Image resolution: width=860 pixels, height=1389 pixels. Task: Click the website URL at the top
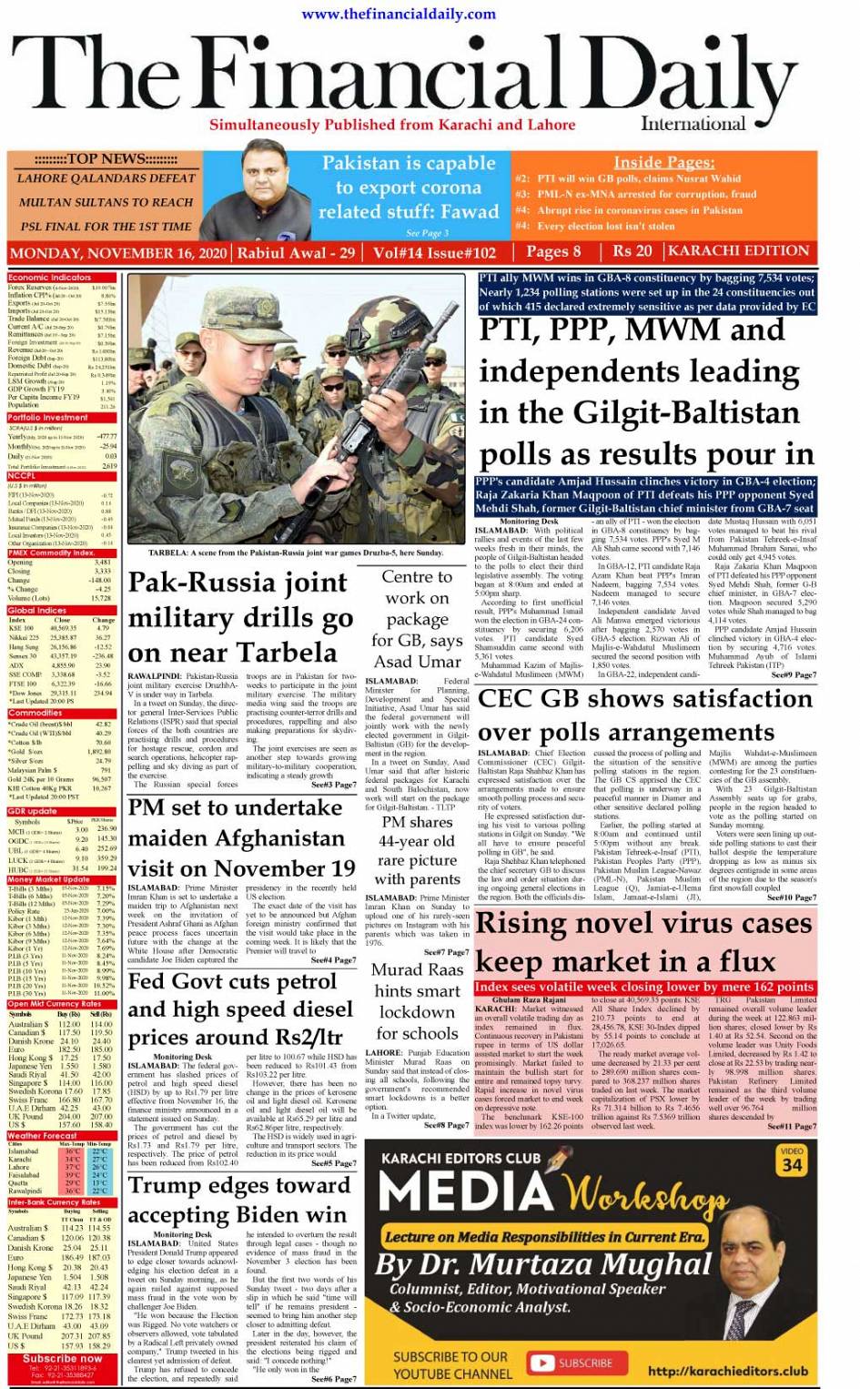(398, 13)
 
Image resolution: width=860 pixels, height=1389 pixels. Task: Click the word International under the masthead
(693, 124)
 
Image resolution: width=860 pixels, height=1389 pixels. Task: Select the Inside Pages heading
(663, 162)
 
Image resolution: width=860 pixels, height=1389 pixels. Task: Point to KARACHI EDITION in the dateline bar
(738, 251)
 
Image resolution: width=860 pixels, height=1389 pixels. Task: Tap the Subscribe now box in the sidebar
(62, 1359)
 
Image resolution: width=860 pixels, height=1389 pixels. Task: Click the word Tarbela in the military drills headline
(287, 653)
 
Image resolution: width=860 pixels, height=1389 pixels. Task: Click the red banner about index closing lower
(644, 987)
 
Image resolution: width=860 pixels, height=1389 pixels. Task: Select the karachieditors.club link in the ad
(727, 1371)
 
